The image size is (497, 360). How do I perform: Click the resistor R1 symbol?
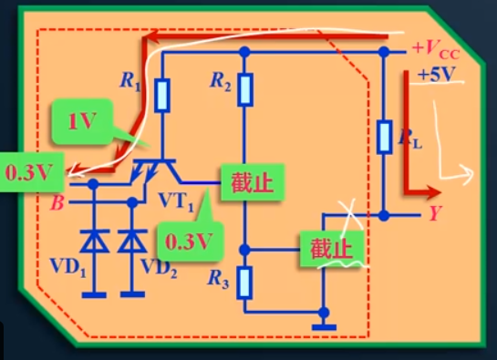point(162,95)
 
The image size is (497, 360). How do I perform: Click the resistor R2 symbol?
point(243,88)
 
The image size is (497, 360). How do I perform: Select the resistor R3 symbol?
point(243,281)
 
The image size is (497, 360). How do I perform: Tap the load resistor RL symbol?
point(384,137)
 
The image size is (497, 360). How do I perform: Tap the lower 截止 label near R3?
point(329,247)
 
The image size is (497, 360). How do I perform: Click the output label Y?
point(434,215)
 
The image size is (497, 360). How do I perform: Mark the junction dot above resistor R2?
point(243,51)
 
